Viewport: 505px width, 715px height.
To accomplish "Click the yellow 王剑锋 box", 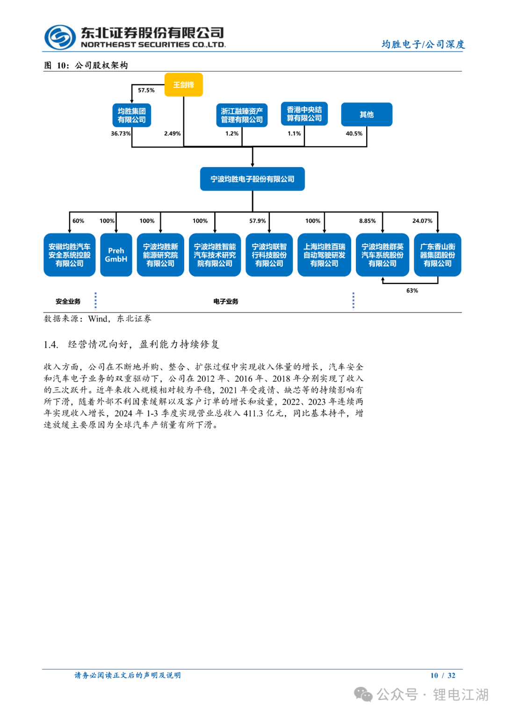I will [183, 85].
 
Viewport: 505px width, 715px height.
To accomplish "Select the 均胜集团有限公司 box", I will [131, 115].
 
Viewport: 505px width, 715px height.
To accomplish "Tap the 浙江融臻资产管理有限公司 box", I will [242, 115].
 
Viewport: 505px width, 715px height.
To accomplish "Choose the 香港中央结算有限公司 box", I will [304, 114].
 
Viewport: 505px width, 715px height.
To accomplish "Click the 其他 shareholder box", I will [367, 115].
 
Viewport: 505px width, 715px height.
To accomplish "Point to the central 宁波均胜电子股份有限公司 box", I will [252, 179].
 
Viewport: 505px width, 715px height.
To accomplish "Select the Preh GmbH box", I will [116, 255].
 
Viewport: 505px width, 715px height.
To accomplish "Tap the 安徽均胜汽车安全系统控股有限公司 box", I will [69, 255].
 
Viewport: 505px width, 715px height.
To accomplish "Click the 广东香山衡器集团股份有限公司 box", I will [437, 255].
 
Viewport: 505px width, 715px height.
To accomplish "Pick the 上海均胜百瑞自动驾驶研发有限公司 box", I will [324, 255].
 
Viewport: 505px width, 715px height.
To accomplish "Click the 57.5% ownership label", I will [146, 90].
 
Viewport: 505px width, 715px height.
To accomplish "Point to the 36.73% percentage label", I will [121, 133].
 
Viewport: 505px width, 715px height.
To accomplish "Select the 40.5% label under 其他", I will [354, 133].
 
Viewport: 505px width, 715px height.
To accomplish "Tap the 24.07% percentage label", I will [422, 221].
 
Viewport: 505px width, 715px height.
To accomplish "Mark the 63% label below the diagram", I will [412, 291].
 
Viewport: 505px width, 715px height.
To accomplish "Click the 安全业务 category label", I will [68, 302].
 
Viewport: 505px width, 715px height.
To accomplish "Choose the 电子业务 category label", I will [226, 302].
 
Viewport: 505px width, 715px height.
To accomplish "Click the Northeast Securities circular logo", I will [60, 37].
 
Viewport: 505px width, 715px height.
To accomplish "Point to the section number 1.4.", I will [51, 345].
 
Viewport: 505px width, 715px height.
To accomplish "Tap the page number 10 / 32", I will [442, 675].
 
